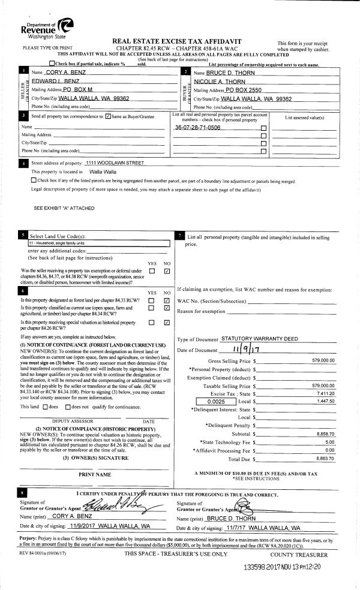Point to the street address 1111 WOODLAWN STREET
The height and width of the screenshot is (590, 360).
(x=115, y=163)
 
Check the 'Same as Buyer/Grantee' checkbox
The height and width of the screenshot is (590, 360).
(x=107, y=116)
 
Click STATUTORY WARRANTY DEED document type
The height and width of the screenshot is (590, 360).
(x=259, y=339)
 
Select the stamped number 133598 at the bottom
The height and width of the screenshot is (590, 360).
(x=259, y=566)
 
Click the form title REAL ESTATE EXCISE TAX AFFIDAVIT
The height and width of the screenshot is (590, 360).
(x=179, y=39)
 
